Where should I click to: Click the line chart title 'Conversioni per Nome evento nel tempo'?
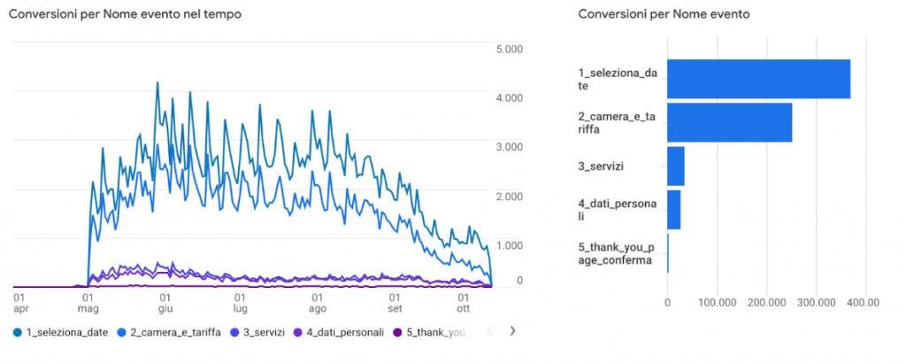point(125,15)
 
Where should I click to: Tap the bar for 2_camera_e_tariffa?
point(729,122)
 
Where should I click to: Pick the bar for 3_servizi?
point(675,165)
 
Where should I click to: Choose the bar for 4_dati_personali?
point(673,210)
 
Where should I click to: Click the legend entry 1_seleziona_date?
point(61,332)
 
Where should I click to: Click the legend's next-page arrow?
point(511,331)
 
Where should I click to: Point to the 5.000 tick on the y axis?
point(511,49)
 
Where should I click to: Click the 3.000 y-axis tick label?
point(511,147)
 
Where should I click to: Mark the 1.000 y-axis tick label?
point(511,245)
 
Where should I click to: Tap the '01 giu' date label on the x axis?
point(165,304)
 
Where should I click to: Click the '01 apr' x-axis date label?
point(18,304)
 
